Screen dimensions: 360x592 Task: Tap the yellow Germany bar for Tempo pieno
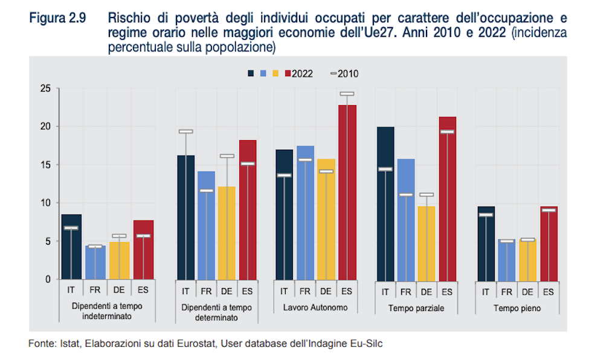527,260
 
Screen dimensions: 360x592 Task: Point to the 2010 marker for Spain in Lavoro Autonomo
347,94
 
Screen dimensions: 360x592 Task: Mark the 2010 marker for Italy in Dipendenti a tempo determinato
185,131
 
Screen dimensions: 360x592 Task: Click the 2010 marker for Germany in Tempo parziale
426,194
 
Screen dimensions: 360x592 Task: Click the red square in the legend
287,74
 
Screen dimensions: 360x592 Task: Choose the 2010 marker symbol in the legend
333,74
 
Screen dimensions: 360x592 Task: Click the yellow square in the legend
275,74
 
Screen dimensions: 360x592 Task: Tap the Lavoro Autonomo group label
315,307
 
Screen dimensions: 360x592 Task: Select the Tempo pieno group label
517,308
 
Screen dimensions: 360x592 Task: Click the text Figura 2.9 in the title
57,18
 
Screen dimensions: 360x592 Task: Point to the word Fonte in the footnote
41,344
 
